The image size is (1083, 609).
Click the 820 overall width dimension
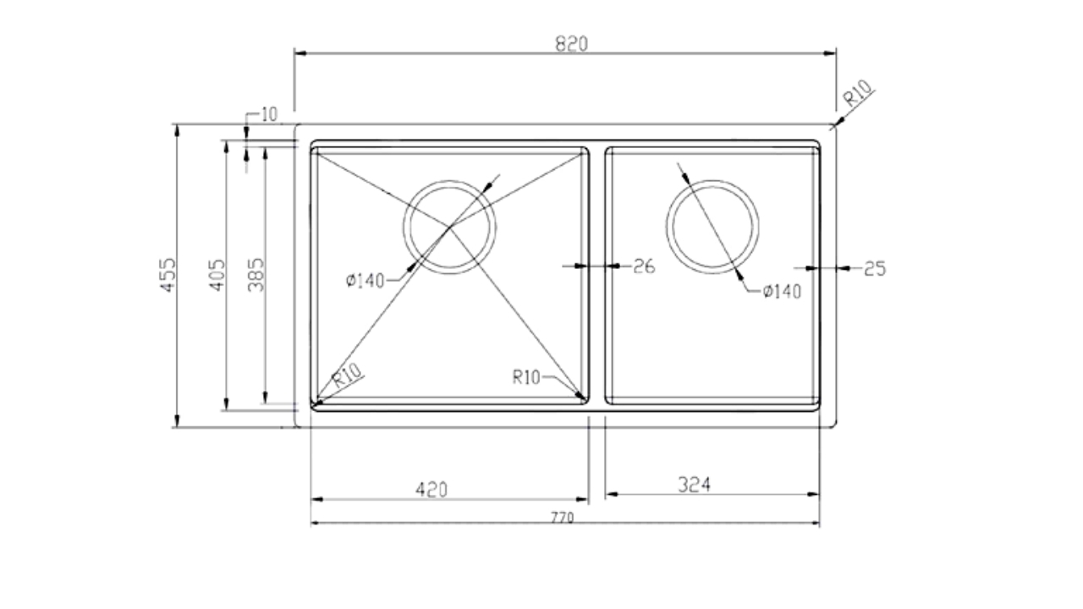tap(571, 44)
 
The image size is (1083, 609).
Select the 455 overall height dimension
tap(168, 275)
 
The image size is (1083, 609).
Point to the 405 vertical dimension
tap(217, 276)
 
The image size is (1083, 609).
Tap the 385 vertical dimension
tap(256, 275)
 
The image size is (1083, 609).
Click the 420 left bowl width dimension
tap(432, 490)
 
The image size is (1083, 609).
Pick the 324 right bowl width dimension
tap(695, 485)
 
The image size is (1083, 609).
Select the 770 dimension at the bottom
tap(563, 518)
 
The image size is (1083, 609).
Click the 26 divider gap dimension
tap(644, 266)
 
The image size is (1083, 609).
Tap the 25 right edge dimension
tap(875, 269)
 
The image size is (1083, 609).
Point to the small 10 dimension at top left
tap(269, 115)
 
